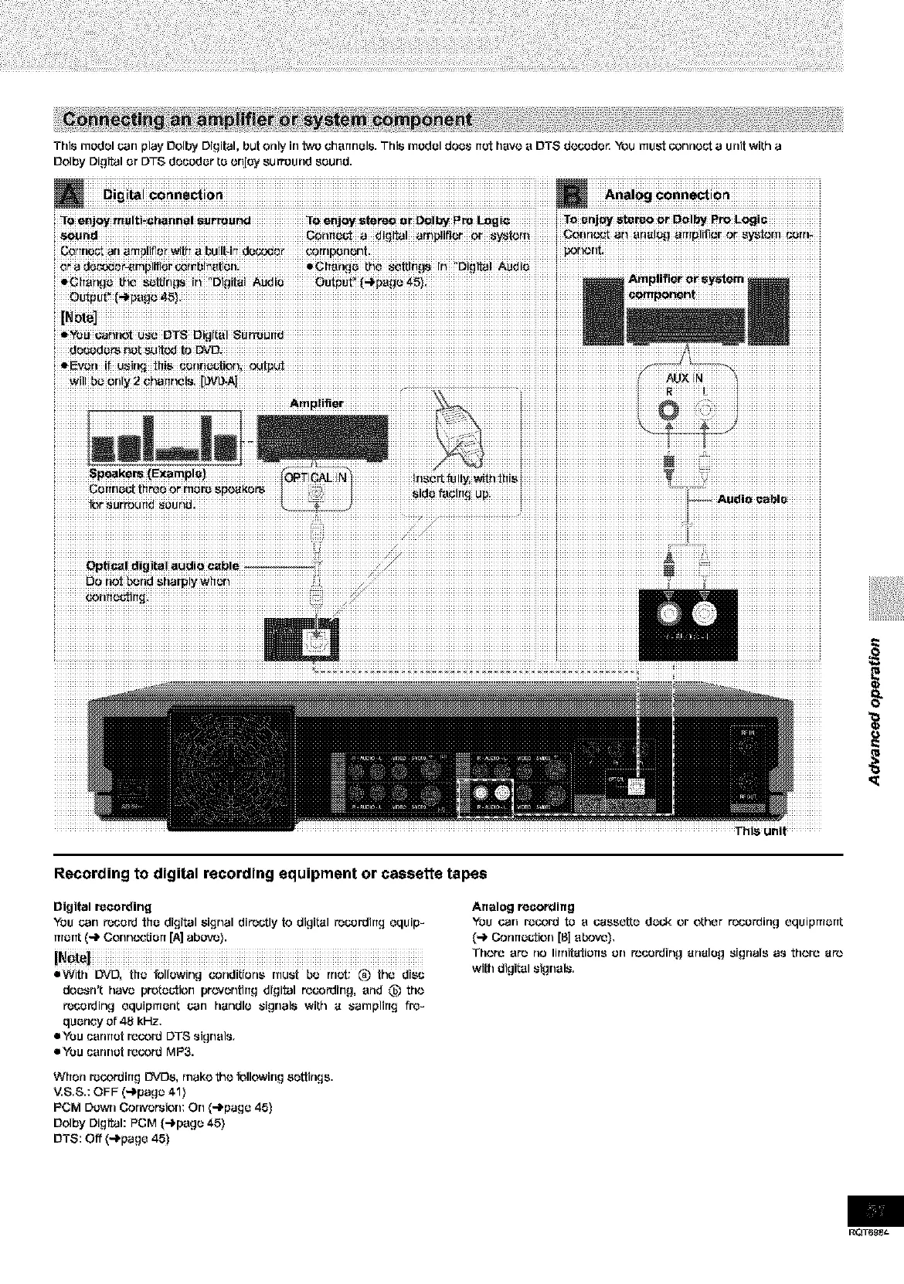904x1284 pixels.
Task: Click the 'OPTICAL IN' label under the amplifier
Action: click(317, 477)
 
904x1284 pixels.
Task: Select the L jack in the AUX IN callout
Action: click(705, 409)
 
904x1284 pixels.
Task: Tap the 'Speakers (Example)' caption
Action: click(147, 474)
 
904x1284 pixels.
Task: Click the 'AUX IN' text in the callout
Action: click(685, 378)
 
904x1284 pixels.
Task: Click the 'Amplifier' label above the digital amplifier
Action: click(317, 403)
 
